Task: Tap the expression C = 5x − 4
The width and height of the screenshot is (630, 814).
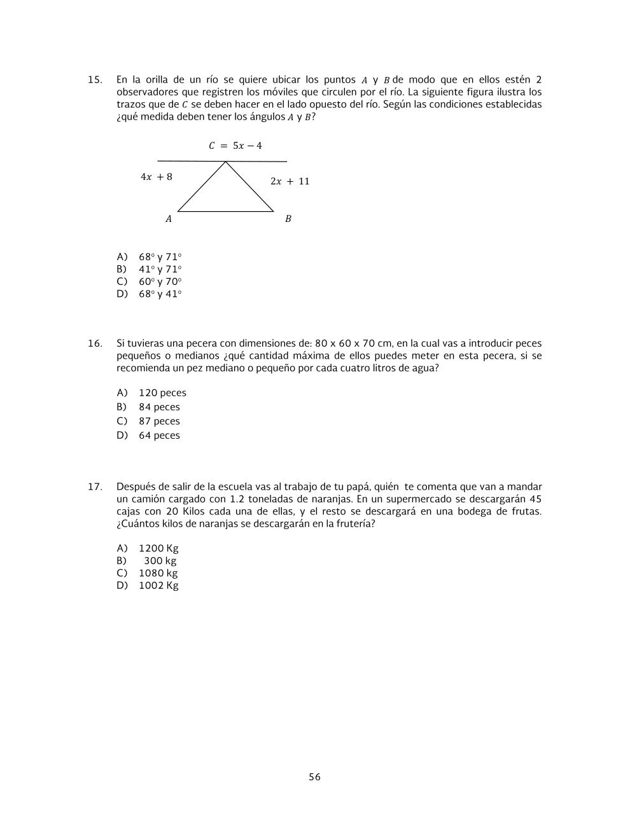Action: click(235, 146)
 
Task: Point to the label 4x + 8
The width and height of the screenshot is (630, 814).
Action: click(157, 177)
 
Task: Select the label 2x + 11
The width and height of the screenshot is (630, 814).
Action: click(290, 181)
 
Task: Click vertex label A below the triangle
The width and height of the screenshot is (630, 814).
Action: click(169, 219)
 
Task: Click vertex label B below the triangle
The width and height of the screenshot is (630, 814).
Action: click(288, 219)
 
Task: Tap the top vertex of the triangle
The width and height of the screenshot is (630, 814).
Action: click(226, 162)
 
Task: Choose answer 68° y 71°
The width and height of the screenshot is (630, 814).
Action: click(160, 257)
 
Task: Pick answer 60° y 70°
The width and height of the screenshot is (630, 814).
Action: click(160, 282)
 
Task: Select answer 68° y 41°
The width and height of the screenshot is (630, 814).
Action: click(160, 294)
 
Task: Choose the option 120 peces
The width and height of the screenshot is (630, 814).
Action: click(162, 393)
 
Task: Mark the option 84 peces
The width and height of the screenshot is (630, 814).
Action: click(159, 407)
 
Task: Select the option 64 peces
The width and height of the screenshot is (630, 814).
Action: click(159, 436)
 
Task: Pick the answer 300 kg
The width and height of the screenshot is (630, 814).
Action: click(160, 561)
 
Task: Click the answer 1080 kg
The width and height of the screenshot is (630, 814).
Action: click(158, 573)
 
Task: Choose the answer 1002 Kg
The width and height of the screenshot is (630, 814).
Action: click(158, 586)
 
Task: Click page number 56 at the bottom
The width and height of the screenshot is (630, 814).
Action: click(314, 777)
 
